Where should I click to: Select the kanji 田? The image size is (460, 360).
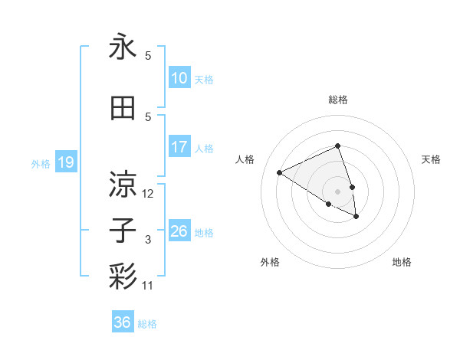coord(123,108)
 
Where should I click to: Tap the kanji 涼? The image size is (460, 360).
coord(123,185)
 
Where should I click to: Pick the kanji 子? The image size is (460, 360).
coord(123,231)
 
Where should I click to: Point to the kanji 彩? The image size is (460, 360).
coord(123,277)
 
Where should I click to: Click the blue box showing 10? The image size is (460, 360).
coord(179,78)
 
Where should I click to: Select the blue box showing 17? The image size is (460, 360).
coord(179,147)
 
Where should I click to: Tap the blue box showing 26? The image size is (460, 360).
coord(179,231)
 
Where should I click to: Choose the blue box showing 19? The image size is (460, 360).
coord(65,162)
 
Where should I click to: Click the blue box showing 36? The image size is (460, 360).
coord(123,322)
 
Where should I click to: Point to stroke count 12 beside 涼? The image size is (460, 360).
coord(148,194)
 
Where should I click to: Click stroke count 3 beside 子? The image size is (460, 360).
coord(148,240)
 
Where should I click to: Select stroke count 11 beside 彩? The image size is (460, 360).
coord(148,286)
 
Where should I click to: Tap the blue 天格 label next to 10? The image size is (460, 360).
coord(204,79)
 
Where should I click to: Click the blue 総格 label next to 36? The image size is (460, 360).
coord(147,324)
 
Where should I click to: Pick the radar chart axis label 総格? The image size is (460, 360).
coord(337,100)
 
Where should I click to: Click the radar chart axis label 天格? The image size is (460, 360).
coord(431,159)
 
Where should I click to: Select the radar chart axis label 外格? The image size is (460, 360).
coord(270,262)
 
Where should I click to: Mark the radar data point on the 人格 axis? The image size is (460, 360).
coord(280,173)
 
